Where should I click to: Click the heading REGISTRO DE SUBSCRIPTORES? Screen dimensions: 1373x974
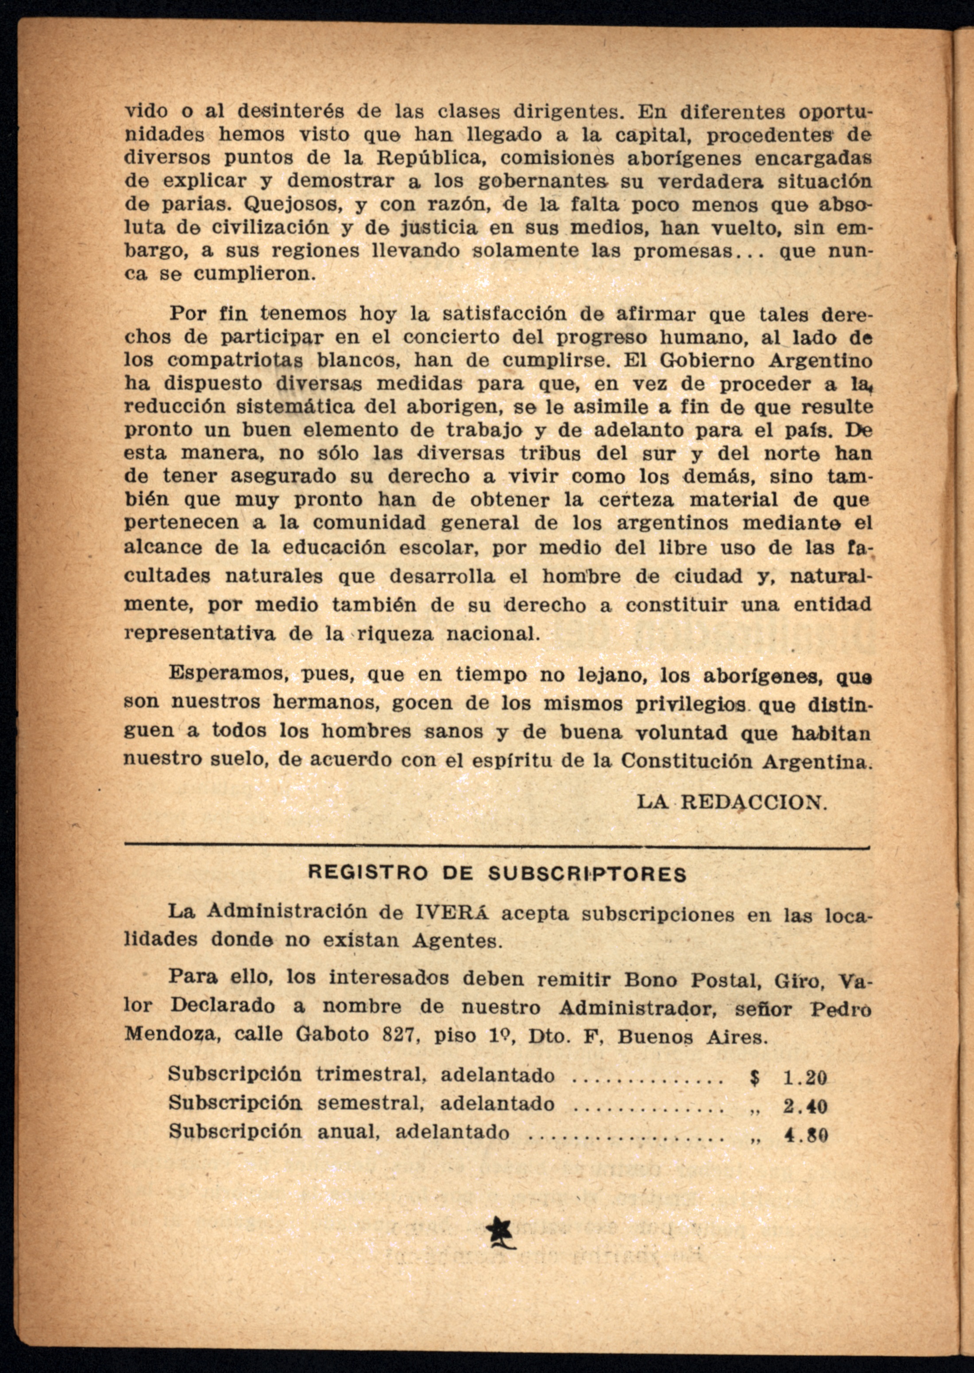(x=497, y=873)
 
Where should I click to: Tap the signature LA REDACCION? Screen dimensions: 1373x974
(x=732, y=802)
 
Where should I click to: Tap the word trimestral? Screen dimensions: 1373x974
(x=372, y=1075)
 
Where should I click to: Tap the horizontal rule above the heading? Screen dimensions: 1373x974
(x=497, y=847)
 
